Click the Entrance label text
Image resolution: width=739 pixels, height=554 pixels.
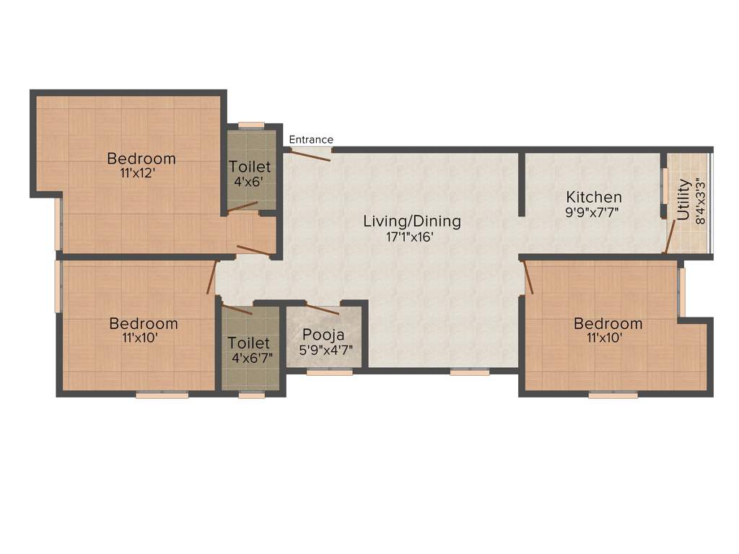coord(311,140)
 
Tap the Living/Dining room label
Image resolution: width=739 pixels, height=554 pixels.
coord(411,221)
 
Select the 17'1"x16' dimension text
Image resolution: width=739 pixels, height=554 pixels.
coord(409,237)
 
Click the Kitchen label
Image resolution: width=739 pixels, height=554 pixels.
coord(593,197)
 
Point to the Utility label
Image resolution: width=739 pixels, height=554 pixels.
coord(683,200)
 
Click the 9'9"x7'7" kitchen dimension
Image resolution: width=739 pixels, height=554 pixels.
coord(593,212)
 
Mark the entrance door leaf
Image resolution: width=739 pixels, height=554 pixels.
coord(311,155)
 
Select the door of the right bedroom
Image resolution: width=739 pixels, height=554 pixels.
coord(528,278)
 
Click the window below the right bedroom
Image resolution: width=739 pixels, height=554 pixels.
coord(613,395)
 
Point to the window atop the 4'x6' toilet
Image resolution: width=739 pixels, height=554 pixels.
coord(251,125)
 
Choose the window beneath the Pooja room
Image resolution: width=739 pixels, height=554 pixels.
coord(329,373)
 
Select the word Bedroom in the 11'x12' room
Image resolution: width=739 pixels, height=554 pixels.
coord(141,159)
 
